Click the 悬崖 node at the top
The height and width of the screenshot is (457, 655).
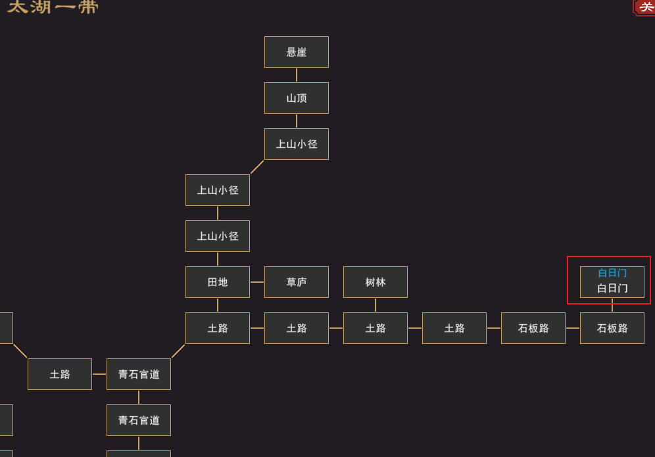[296, 52]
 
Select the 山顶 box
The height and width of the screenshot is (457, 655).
[296, 98]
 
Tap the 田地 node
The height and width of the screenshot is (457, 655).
[217, 282]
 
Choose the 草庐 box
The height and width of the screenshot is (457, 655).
[296, 282]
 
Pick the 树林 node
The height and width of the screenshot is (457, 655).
[375, 282]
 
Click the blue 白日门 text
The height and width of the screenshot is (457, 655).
[612, 273]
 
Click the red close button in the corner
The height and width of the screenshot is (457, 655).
[645, 7]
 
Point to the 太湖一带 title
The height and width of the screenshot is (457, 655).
[53, 7]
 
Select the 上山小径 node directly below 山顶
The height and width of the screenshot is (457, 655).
[296, 144]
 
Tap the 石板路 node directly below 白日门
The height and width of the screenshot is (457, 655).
[612, 328]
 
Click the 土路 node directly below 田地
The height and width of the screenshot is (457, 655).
[217, 328]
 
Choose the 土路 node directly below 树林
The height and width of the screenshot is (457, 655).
[375, 328]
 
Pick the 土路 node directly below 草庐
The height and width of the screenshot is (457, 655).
[296, 328]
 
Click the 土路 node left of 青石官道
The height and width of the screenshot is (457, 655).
[60, 374]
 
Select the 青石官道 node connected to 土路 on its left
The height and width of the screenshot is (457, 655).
[139, 374]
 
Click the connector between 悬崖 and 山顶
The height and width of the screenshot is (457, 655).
[297, 75]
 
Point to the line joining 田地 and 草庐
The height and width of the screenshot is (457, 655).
[257, 282]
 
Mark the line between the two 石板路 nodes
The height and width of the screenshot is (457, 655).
[573, 328]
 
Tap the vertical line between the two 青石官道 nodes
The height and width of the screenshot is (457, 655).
[139, 397]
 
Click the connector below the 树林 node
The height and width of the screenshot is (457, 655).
[376, 305]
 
